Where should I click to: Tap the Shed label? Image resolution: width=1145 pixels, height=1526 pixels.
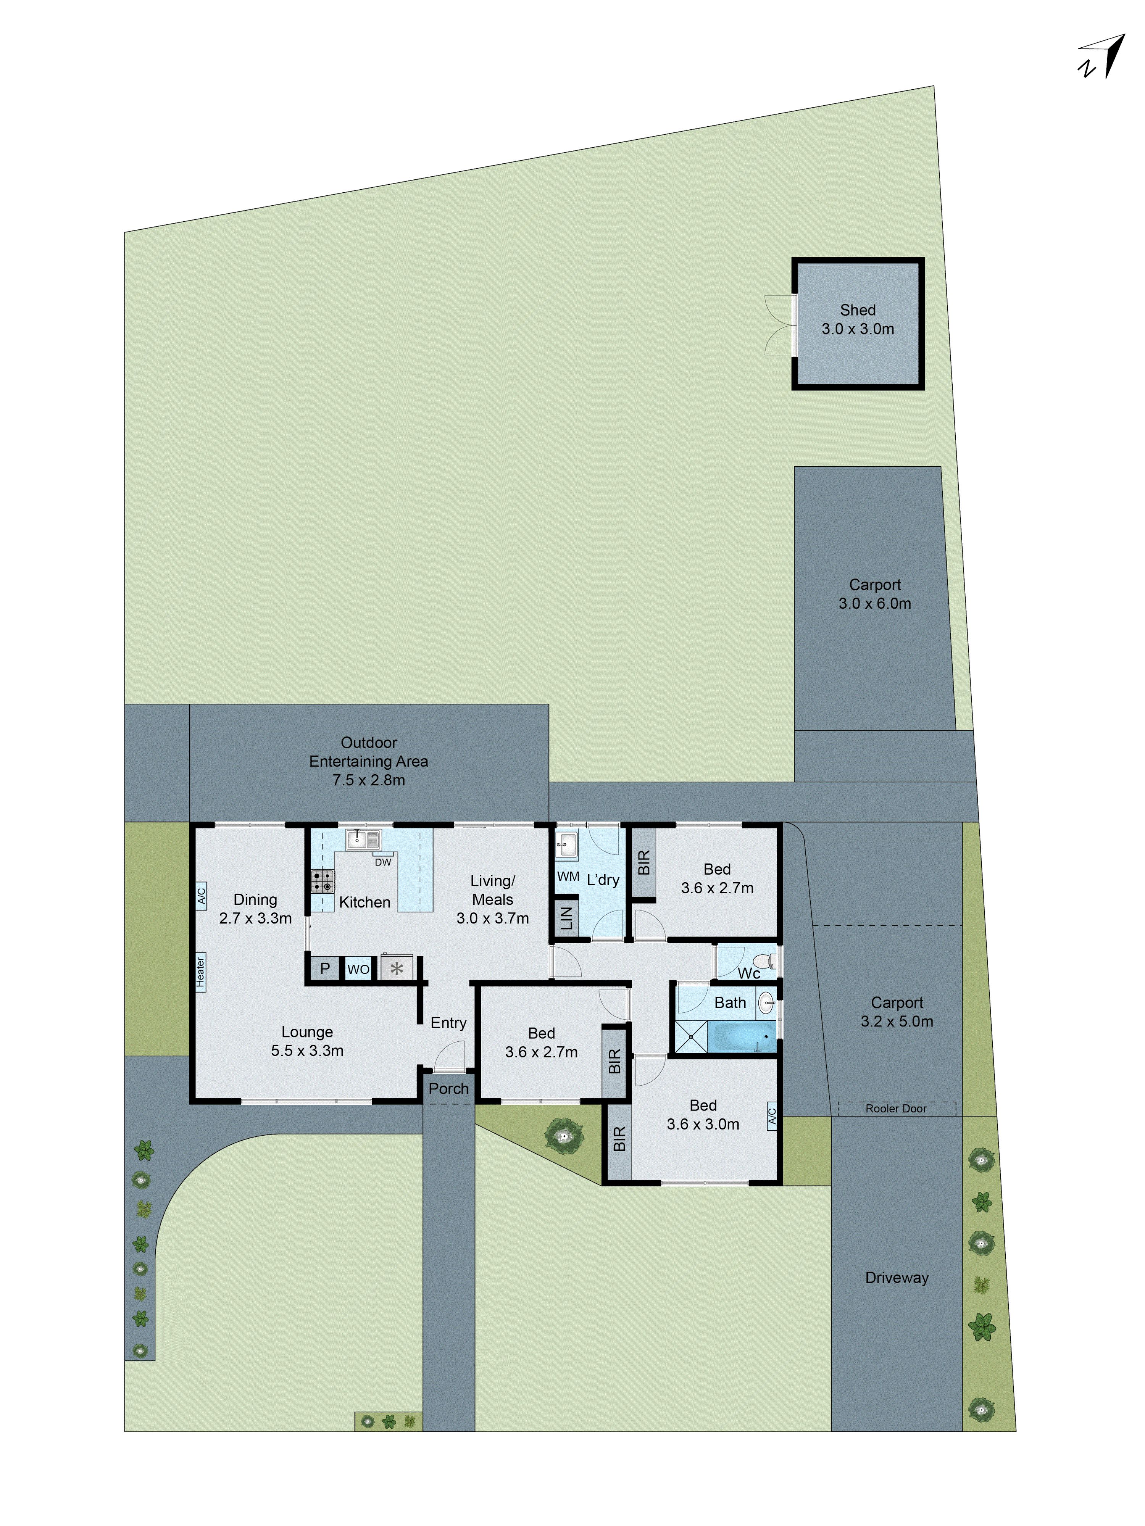[x=857, y=311]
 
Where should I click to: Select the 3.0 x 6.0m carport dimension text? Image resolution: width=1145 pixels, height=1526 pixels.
[x=874, y=604]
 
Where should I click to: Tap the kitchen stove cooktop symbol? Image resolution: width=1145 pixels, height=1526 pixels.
[x=322, y=881]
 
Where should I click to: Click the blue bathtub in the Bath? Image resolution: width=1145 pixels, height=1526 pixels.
[x=744, y=1036]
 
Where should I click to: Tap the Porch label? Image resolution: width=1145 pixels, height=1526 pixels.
[x=448, y=1089]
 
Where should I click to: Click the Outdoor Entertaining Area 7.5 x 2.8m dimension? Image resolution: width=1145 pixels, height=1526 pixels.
[x=369, y=780]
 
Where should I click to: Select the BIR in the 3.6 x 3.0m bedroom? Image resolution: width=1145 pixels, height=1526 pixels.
[x=618, y=1138]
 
